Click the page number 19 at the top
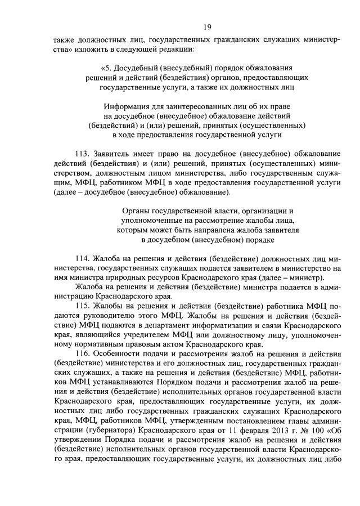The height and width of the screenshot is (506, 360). (208, 26)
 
